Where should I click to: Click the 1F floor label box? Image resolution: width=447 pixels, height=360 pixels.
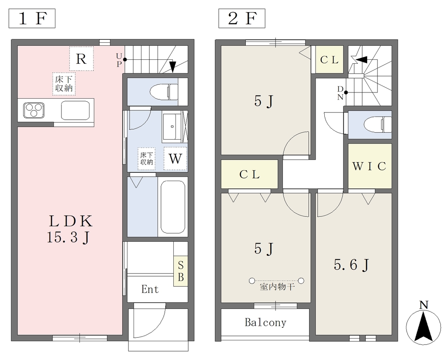(x=32, y=18)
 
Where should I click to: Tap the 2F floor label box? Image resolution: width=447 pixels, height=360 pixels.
(x=242, y=18)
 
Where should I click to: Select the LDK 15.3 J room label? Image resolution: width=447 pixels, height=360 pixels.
(x=70, y=229)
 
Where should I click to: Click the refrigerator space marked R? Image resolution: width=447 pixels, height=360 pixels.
(x=81, y=59)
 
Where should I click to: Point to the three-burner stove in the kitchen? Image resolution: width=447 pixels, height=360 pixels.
(x=34, y=110)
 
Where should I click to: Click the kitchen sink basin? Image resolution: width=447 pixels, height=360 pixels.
(x=75, y=110)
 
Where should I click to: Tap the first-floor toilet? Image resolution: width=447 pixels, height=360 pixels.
(x=164, y=92)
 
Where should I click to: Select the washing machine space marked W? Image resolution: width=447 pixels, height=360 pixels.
(x=175, y=158)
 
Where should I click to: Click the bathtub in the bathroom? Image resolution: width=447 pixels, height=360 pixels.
(x=173, y=207)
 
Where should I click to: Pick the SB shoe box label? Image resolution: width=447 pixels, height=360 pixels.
(x=181, y=271)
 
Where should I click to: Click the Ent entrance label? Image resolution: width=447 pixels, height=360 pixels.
(x=150, y=289)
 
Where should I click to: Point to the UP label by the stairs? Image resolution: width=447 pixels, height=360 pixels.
(x=119, y=60)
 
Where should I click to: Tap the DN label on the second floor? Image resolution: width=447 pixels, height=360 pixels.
(x=340, y=93)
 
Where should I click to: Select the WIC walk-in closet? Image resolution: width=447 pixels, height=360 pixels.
(x=370, y=166)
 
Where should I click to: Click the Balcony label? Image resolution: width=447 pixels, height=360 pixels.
(x=265, y=322)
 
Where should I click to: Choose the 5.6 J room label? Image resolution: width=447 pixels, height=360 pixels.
(x=351, y=265)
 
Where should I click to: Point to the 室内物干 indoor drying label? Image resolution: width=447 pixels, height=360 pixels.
(x=277, y=287)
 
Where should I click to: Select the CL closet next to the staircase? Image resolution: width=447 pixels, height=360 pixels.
(x=329, y=59)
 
